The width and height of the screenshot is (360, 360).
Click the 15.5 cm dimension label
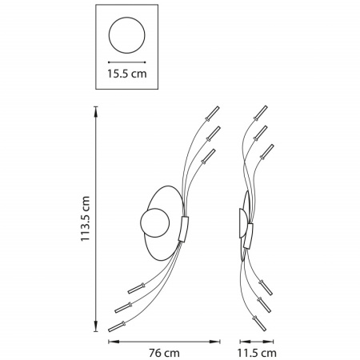click(127, 74)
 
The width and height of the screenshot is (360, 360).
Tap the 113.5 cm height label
click(86, 218)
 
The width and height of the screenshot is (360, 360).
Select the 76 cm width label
click(164, 353)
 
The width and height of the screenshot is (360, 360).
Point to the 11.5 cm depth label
click(257, 353)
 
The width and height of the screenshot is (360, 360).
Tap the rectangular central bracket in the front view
click(183, 229)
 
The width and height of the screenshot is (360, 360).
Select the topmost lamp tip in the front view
click(213, 114)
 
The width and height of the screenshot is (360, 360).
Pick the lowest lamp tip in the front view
click(117, 326)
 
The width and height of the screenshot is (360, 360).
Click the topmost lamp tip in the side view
click(261, 113)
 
